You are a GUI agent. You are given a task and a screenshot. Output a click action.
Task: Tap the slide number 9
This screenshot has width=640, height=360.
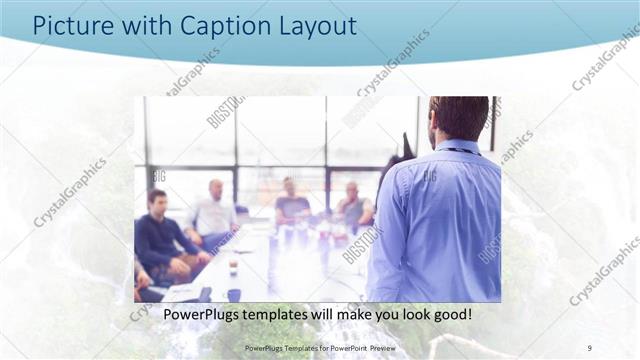590,347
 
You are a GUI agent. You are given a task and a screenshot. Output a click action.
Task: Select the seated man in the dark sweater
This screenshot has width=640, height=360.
159,238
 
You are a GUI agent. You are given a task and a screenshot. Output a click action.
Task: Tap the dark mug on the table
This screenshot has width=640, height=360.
233,294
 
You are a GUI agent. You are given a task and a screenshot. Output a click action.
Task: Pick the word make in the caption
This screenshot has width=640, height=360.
344,316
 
